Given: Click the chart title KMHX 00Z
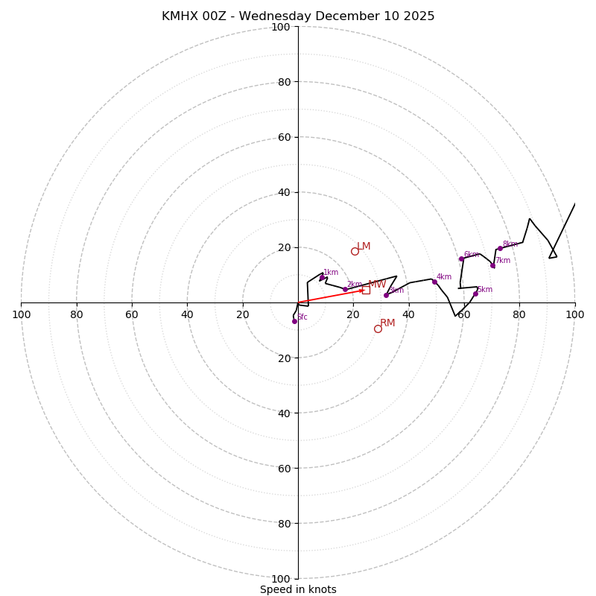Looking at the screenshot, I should pyautogui.click(x=298, y=16).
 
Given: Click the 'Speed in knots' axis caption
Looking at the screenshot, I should pyautogui.click(x=298, y=589).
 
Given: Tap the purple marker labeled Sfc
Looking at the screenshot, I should pyautogui.click(x=294, y=321).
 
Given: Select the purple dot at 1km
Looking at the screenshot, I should pyautogui.click(x=322, y=278).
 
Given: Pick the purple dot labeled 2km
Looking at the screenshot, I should pyautogui.click(x=345, y=289).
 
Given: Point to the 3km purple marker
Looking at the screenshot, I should pyautogui.click(x=386, y=295).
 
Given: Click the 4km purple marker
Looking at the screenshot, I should pyautogui.click(x=434, y=282).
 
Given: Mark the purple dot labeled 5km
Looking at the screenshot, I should pyautogui.click(x=475, y=294).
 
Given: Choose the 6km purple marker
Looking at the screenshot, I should pyautogui.click(x=461, y=259).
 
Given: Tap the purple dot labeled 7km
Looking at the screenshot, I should pyautogui.click(x=492, y=265).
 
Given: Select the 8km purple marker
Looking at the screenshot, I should pyautogui.click(x=500, y=248).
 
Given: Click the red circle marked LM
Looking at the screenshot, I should pyautogui.click(x=355, y=251).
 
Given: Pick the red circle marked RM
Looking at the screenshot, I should pyautogui.click(x=378, y=329).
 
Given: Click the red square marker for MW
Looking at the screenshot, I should pyautogui.click(x=366, y=290).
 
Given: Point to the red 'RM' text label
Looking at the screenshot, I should pyautogui.click(x=387, y=323).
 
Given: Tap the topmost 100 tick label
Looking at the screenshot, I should pyautogui.click(x=281, y=27).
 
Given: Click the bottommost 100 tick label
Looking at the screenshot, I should pyautogui.click(x=281, y=578).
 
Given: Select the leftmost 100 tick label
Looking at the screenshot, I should pyautogui.click(x=21, y=314).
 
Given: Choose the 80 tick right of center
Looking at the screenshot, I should pyautogui.click(x=519, y=314).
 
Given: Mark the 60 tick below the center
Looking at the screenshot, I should pyautogui.click(x=283, y=468).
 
